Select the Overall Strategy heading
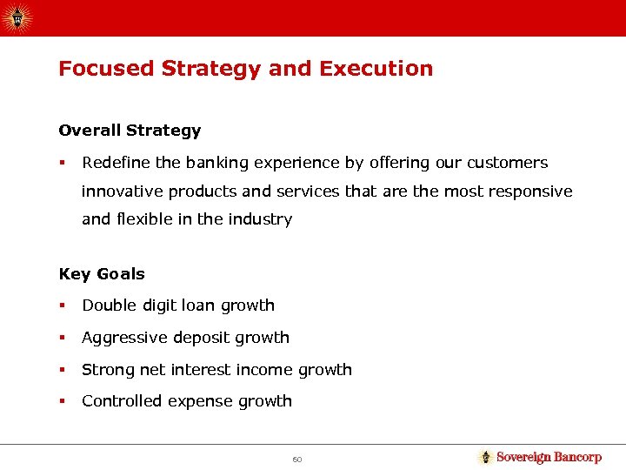130,131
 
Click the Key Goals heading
102,274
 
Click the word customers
510,163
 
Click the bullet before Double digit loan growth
62,305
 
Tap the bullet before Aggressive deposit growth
62,338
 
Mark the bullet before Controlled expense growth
62,401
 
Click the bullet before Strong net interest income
62,370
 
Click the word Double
109,305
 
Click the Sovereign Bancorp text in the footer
549,457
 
